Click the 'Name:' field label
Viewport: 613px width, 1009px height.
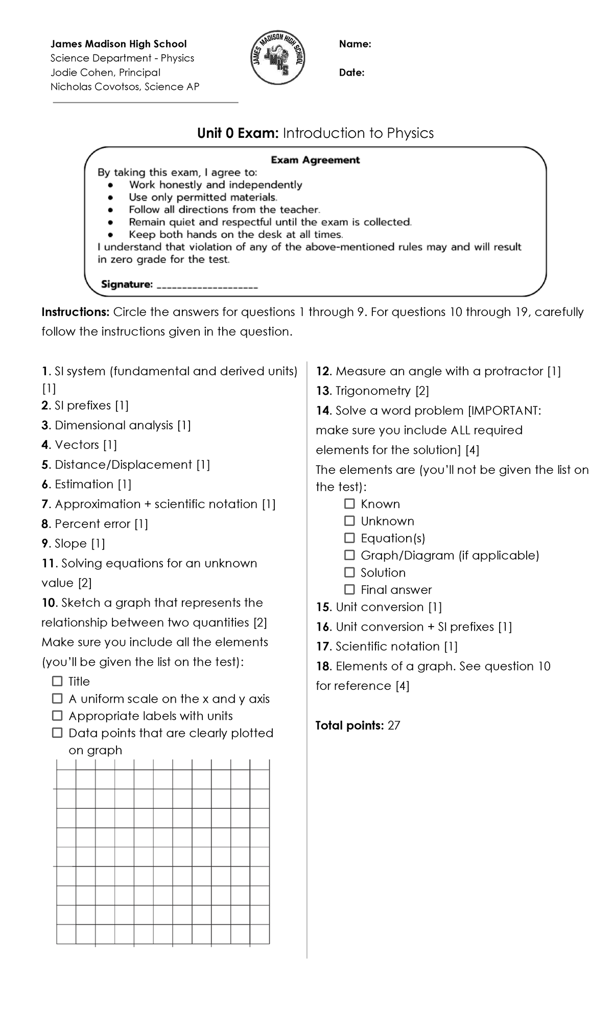coord(355,44)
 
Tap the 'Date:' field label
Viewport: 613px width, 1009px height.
coord(351,73)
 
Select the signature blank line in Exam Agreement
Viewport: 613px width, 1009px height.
coord(207,286)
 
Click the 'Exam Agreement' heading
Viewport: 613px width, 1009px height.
coord(315,160)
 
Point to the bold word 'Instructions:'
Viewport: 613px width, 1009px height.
coord(76,312)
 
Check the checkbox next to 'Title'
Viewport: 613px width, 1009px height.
coord(57,681)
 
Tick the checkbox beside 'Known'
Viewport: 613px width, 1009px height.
coord(349,504)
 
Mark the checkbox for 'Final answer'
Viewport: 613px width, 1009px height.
coord(349,590)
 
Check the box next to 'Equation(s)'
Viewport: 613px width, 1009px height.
coord(349,538)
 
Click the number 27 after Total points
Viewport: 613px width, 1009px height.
coord(394,726)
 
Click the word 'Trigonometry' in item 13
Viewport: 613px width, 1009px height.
coord(373,391)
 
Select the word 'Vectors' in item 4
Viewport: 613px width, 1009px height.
coord(77,445)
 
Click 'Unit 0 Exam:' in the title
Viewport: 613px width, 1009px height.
coord(238,133)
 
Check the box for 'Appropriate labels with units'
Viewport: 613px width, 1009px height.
coord(57,716)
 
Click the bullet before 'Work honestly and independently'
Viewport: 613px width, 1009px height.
coord(111,185)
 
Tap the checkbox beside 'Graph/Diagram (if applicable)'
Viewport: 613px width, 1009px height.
coord(349,555)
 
